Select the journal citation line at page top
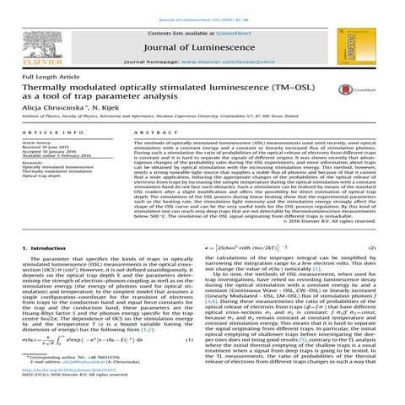point(202,6)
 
